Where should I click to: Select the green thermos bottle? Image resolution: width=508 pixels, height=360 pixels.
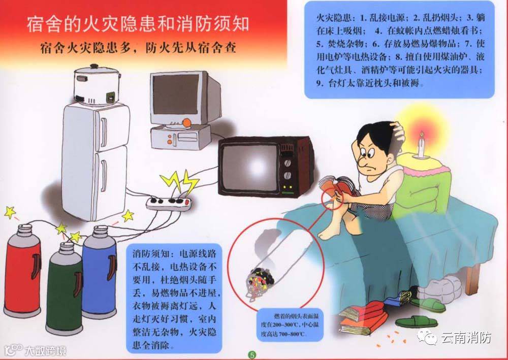click(x=65, y=287)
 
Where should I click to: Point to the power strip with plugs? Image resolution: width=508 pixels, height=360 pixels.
click(x=170, y=203)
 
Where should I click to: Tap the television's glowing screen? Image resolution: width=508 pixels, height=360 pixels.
click(x=252, y=168)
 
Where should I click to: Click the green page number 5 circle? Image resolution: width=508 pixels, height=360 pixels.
click(x=252, y=355)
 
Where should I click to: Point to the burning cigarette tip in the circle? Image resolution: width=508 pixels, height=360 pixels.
click(x=260, y=283)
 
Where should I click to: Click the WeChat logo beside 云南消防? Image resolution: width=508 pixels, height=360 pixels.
click(x=427, y=337)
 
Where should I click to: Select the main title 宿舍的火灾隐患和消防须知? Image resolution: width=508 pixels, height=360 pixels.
click(x=138, y=24)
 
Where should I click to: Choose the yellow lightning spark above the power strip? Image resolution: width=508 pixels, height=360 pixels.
click(x=179, y=182)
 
